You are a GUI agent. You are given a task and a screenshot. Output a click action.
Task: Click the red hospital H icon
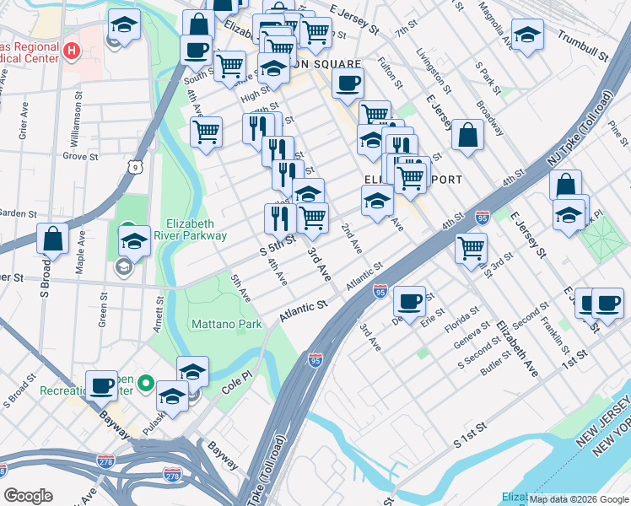(72, 51)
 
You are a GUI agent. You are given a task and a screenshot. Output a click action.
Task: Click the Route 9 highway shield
(136, 168)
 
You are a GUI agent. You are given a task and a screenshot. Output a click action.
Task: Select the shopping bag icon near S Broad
(53, 239)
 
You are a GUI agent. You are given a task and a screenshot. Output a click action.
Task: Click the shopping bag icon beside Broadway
(467, 135)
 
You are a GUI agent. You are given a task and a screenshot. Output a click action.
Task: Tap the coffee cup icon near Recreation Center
(102, 385)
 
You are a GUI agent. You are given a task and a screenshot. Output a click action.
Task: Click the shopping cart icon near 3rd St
(471, 247)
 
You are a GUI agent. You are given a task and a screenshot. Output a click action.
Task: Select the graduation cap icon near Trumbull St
(527, 35)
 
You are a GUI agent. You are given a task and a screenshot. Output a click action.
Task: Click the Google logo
(30, 496)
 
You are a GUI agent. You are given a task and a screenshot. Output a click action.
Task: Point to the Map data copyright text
(578, 499)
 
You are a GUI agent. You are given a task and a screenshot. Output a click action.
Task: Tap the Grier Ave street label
(23, 125)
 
